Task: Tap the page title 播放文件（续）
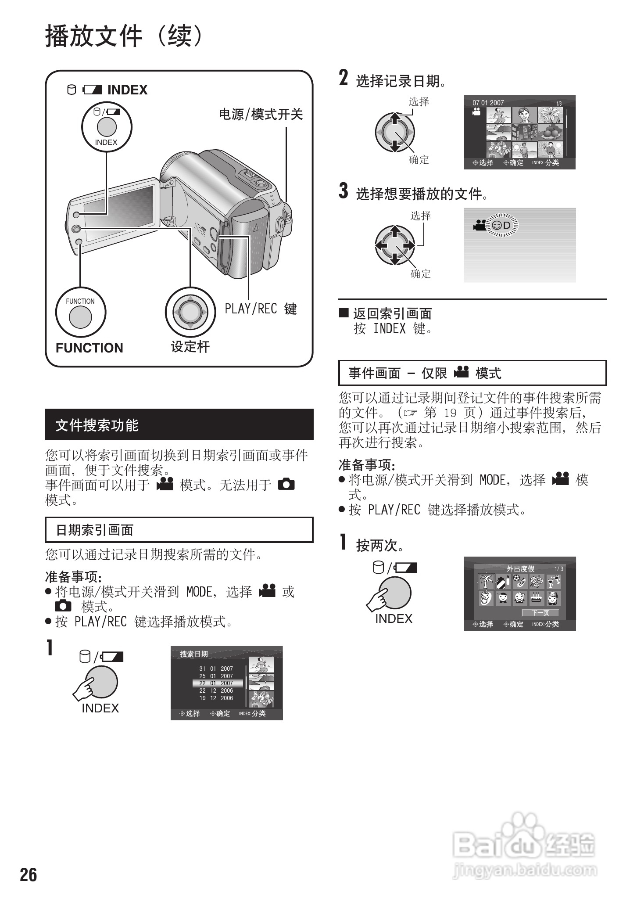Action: pos(125,36)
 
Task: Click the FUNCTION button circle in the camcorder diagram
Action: pos(80,316)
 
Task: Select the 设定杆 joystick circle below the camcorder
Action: pos(190,312)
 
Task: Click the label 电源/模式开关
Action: pos(261,115)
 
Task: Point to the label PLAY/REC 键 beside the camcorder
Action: pos(261,309)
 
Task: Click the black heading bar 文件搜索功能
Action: pos(179,424)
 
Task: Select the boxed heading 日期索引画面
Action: pos(179,530)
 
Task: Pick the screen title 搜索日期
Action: pos(194,654)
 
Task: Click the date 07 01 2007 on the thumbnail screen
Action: pos(488,103)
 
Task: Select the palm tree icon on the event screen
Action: pos(486,582)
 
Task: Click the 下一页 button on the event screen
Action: pos(540,613)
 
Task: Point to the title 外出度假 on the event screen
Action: pos(520,569)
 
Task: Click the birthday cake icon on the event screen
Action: pos(536,598)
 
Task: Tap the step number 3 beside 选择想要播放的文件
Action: pos(344,191)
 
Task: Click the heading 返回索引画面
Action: pos(392,313)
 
